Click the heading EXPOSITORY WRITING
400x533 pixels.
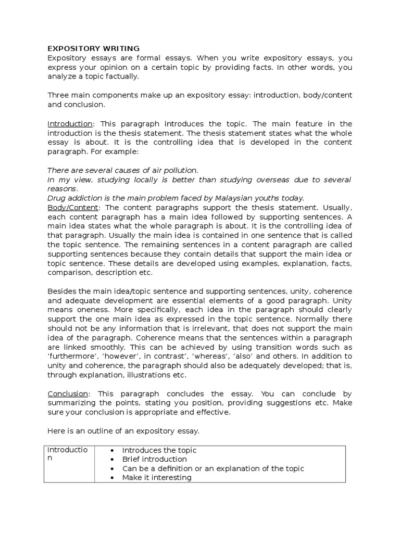tap(93, 48)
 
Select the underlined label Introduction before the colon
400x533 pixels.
tap(70, 124)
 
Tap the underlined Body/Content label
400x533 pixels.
tap(69, 207)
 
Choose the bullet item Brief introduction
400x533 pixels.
tap(154, 459)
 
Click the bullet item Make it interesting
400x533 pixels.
tap(157, 477)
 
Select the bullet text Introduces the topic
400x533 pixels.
tap(159, 450)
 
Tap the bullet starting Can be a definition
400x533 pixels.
tap(213, 468)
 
